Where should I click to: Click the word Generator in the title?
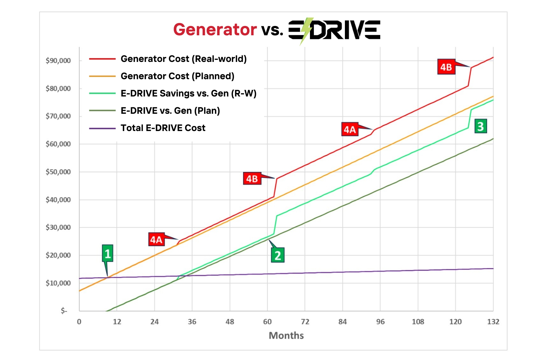click(x=215, y=30)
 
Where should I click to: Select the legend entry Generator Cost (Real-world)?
click(x=184, y=59)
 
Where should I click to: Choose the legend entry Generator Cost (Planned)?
click(x=177, y=76)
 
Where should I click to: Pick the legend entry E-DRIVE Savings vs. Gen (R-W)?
click(x=188, y=93)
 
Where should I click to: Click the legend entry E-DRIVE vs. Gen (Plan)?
click(x=170, y=111)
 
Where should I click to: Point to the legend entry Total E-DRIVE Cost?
click(x=163, y=128)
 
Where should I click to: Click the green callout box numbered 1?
click(x=107, y=254)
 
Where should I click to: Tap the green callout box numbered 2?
click(x=278, y=255)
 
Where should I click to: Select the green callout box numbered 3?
click(x=481, y=126)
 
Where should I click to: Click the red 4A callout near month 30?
click(x=156, y=240)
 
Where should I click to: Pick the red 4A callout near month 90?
click(x=350, y=130)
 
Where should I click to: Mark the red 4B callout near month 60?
click(x=252, y=179)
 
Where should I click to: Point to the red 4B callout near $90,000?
click(x=446, y=67)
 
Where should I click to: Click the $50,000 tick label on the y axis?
click(x=58, y=172)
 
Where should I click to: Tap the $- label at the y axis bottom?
click(x=64, y=311)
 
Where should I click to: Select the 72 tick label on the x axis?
click(x=305, y=322)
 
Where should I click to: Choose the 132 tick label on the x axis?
click(x=493, y=322)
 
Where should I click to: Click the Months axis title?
click(x=286, y=336)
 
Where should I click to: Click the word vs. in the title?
click(x=272, y=30)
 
